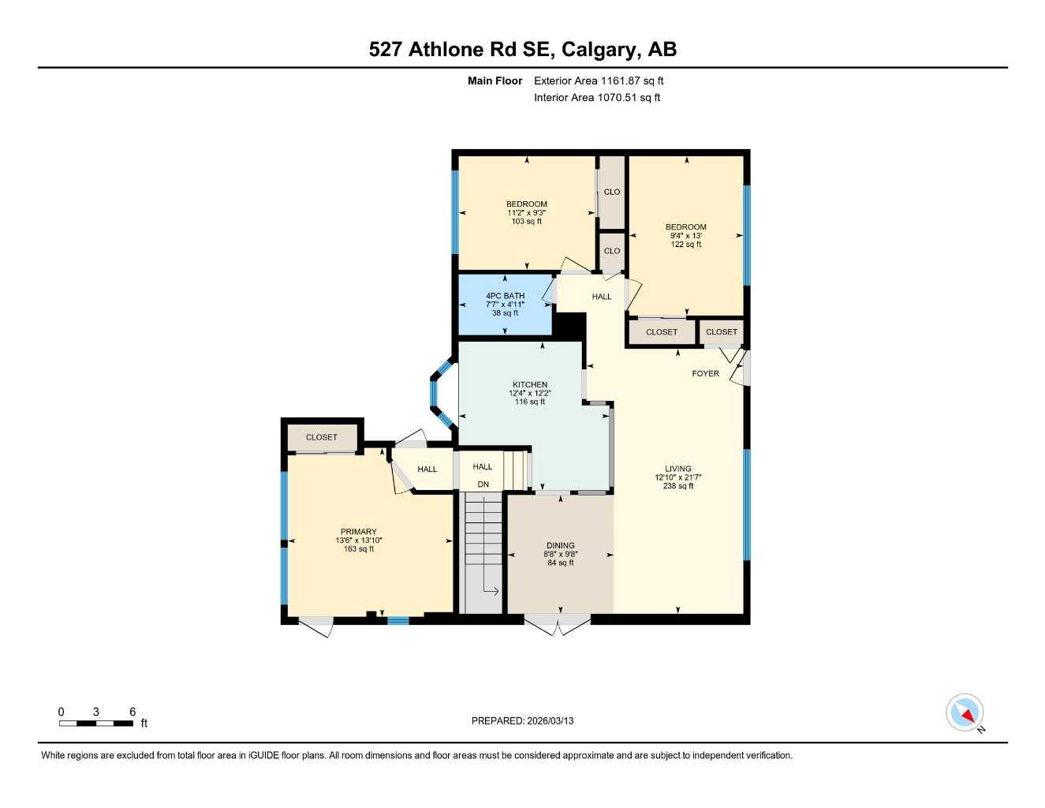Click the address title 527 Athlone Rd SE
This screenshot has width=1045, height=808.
522,50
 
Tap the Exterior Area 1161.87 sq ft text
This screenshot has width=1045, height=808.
599,80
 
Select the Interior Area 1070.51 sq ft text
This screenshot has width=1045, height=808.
597,98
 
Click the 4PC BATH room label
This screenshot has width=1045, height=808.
505,296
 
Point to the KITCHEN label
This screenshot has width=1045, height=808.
528,384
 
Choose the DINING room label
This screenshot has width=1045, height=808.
561,545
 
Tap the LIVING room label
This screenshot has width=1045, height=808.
677,469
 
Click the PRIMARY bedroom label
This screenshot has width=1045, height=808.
358,532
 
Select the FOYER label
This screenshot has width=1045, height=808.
705,373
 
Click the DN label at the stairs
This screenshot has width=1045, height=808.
483,484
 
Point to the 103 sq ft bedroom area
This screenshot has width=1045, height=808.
527,222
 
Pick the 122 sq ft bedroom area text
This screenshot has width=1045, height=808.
685,245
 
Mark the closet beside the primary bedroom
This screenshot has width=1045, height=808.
322,437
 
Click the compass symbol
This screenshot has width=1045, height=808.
965,713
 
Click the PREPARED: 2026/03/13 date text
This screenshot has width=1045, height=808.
522,720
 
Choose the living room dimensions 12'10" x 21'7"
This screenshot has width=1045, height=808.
677,477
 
